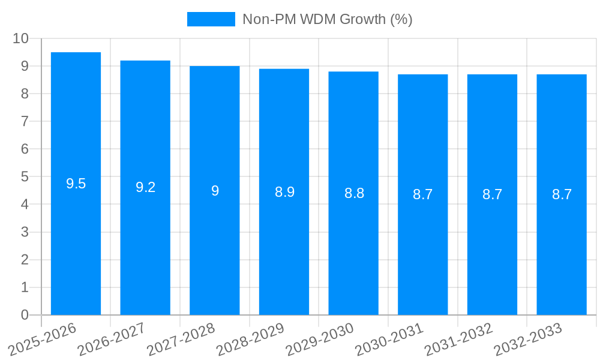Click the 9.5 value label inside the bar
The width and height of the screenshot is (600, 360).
pyautogui.click(x=76, y=184)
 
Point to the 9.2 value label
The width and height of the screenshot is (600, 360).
pyautogui.click(x=145, y=187)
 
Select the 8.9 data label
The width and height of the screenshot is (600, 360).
pyautogui.click(x=284, y=192)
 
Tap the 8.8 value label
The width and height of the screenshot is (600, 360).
pyautogui.click(x=354, y=193)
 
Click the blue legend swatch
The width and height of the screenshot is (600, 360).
pyautogui.click(x=211, y=19)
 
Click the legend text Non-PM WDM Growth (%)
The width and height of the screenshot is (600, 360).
pyautogui.click(x=327, y=19)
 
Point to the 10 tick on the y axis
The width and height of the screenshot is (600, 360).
pyautogui.click(x=20, y=38)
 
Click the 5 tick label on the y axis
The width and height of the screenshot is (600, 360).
pyautogui.click(x=25, y=177)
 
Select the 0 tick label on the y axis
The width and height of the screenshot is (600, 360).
pyautogui.click(x=25, y=315)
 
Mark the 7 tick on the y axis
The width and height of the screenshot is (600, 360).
pyautogui.click(x=25, y=121)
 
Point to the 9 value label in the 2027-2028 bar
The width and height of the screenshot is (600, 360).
pyautogui.click(x=215, y=191)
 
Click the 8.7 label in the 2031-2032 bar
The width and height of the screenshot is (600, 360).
pyautogui.click(x=492, y=194)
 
